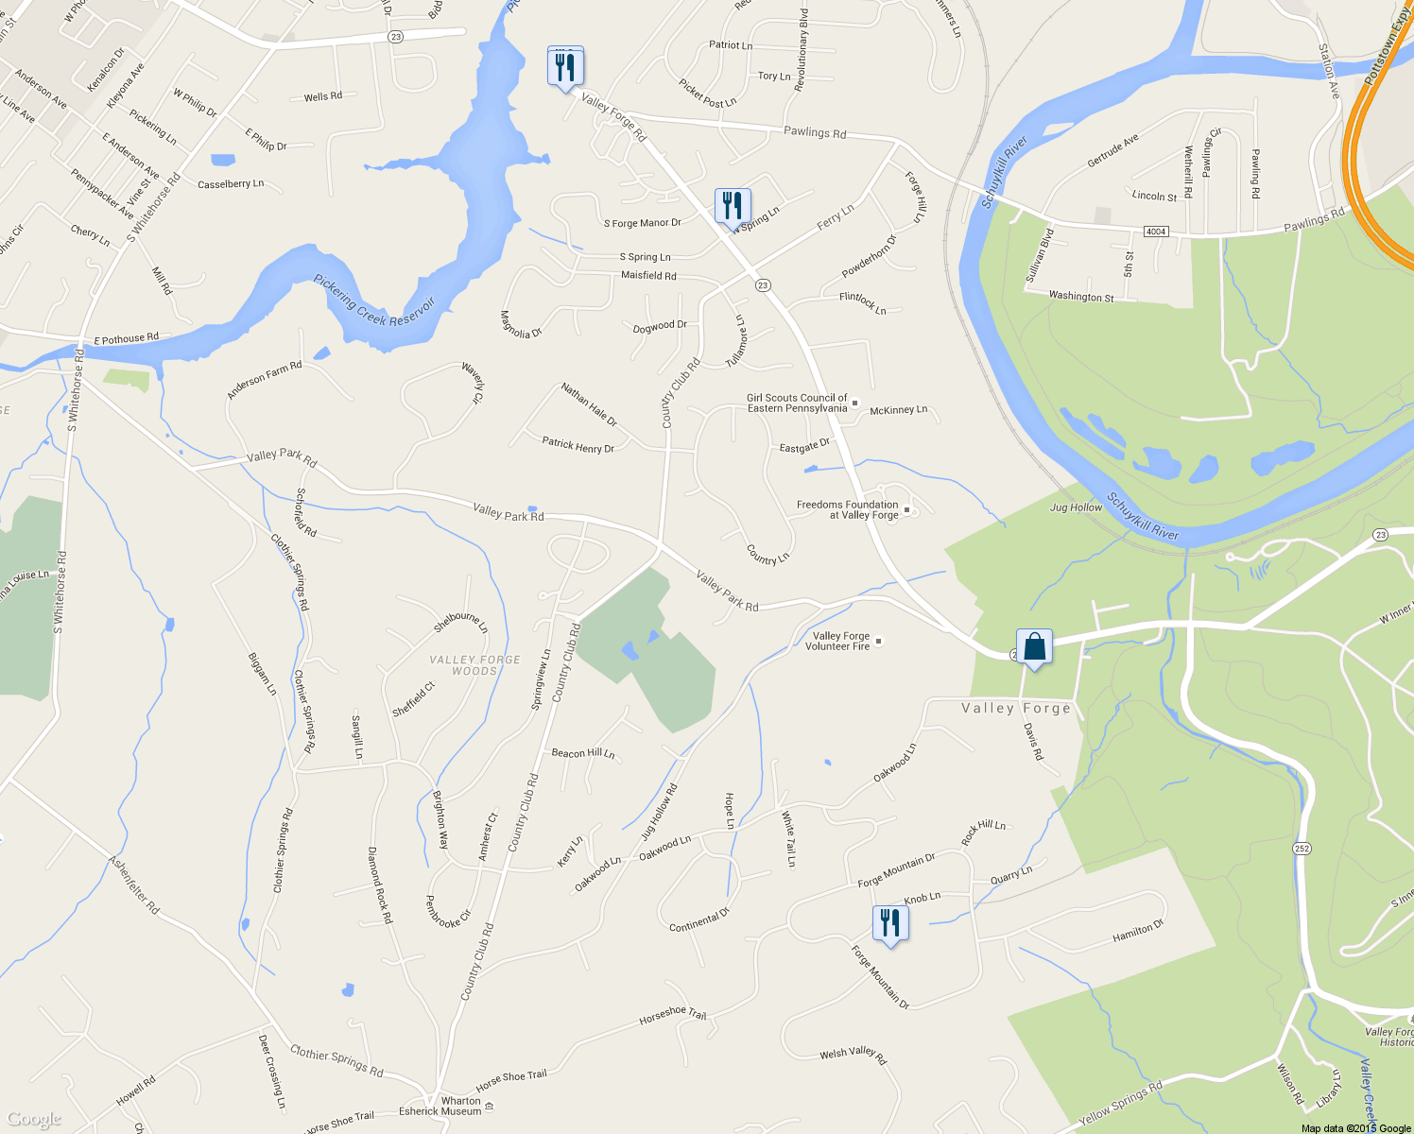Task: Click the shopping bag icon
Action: [1034, 647]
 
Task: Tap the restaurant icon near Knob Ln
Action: [889, 922]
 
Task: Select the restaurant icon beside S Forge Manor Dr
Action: [733, 205]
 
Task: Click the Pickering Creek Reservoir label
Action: [374, 300]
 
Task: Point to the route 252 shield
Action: [1302, 849]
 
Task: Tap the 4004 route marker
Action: [1155, 232]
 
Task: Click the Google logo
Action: [33, 1120]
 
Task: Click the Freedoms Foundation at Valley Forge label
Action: [847, 510]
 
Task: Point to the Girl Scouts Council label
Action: [797, 404]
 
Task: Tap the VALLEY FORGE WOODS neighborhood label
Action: [474, 665]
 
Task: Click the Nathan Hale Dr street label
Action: [589, 404]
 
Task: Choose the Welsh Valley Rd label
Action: [853, 1055]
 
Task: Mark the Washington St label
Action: [1081, 296]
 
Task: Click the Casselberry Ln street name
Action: [231, 184]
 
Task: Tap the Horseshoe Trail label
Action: [672, 1016]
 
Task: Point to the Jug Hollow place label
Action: [1076, 507]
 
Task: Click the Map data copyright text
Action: [1355, 1128]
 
